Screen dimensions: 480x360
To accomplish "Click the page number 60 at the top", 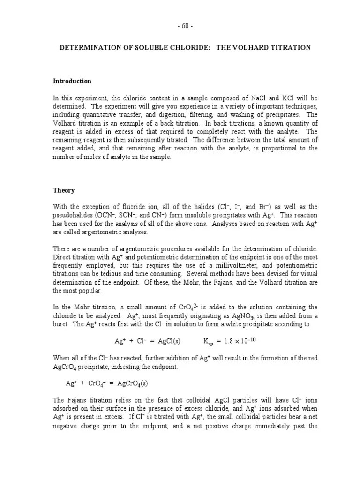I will (x=185, y=26).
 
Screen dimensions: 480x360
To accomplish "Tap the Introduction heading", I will (x=72, y=81).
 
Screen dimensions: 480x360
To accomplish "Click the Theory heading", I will (x=63, y=191).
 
